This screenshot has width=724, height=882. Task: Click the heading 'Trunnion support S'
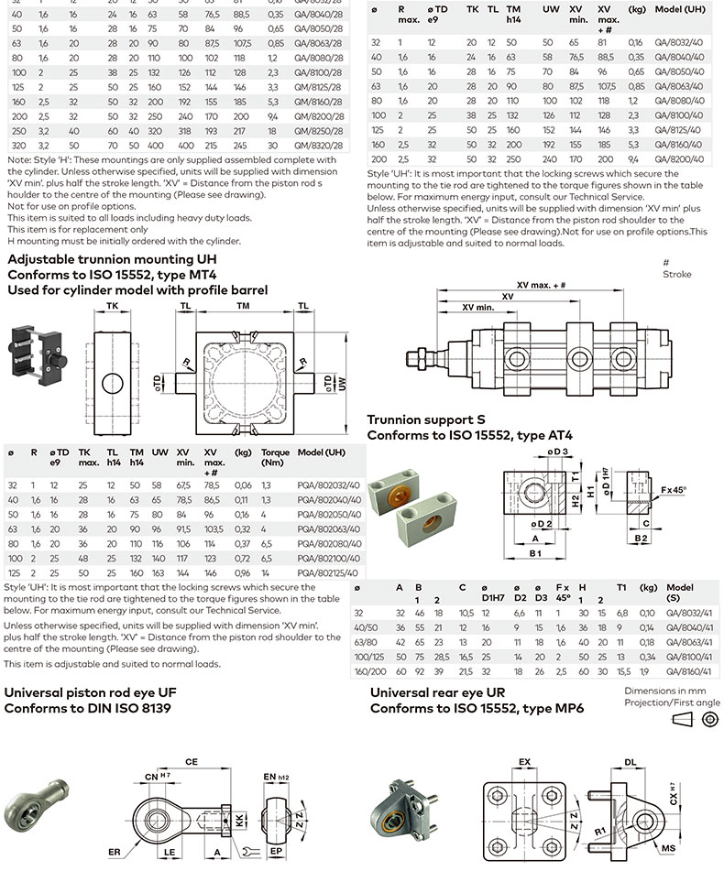pyautogui.click(x=426, y=420)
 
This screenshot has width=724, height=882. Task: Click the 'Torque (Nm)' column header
pyautogui.click(x=275, y=452)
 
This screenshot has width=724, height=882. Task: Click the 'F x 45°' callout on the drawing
pyautogui.click(x=673, y=491)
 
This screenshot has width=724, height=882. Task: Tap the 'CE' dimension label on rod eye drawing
pyautogui.click(x=192, y=760)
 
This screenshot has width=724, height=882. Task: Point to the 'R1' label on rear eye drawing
pyautogui.click(x=598, y=831)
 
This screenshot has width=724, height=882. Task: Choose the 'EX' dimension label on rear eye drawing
pyautogui.click(x=524, y=761)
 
